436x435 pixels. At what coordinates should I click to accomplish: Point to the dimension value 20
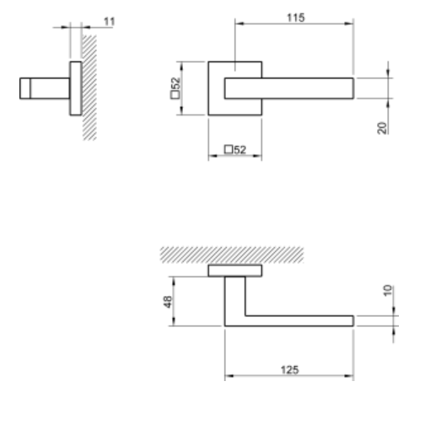click(x=383, y=127)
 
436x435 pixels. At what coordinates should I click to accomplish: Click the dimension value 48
click(x=167, y=301)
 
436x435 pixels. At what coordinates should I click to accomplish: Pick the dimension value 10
click(x=386, y=291)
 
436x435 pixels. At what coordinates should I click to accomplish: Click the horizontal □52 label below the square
click(x=234, y=149)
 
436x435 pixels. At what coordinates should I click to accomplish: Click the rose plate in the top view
click(x=234, y=270)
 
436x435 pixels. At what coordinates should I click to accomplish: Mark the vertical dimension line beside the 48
click(x=174, y=301)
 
